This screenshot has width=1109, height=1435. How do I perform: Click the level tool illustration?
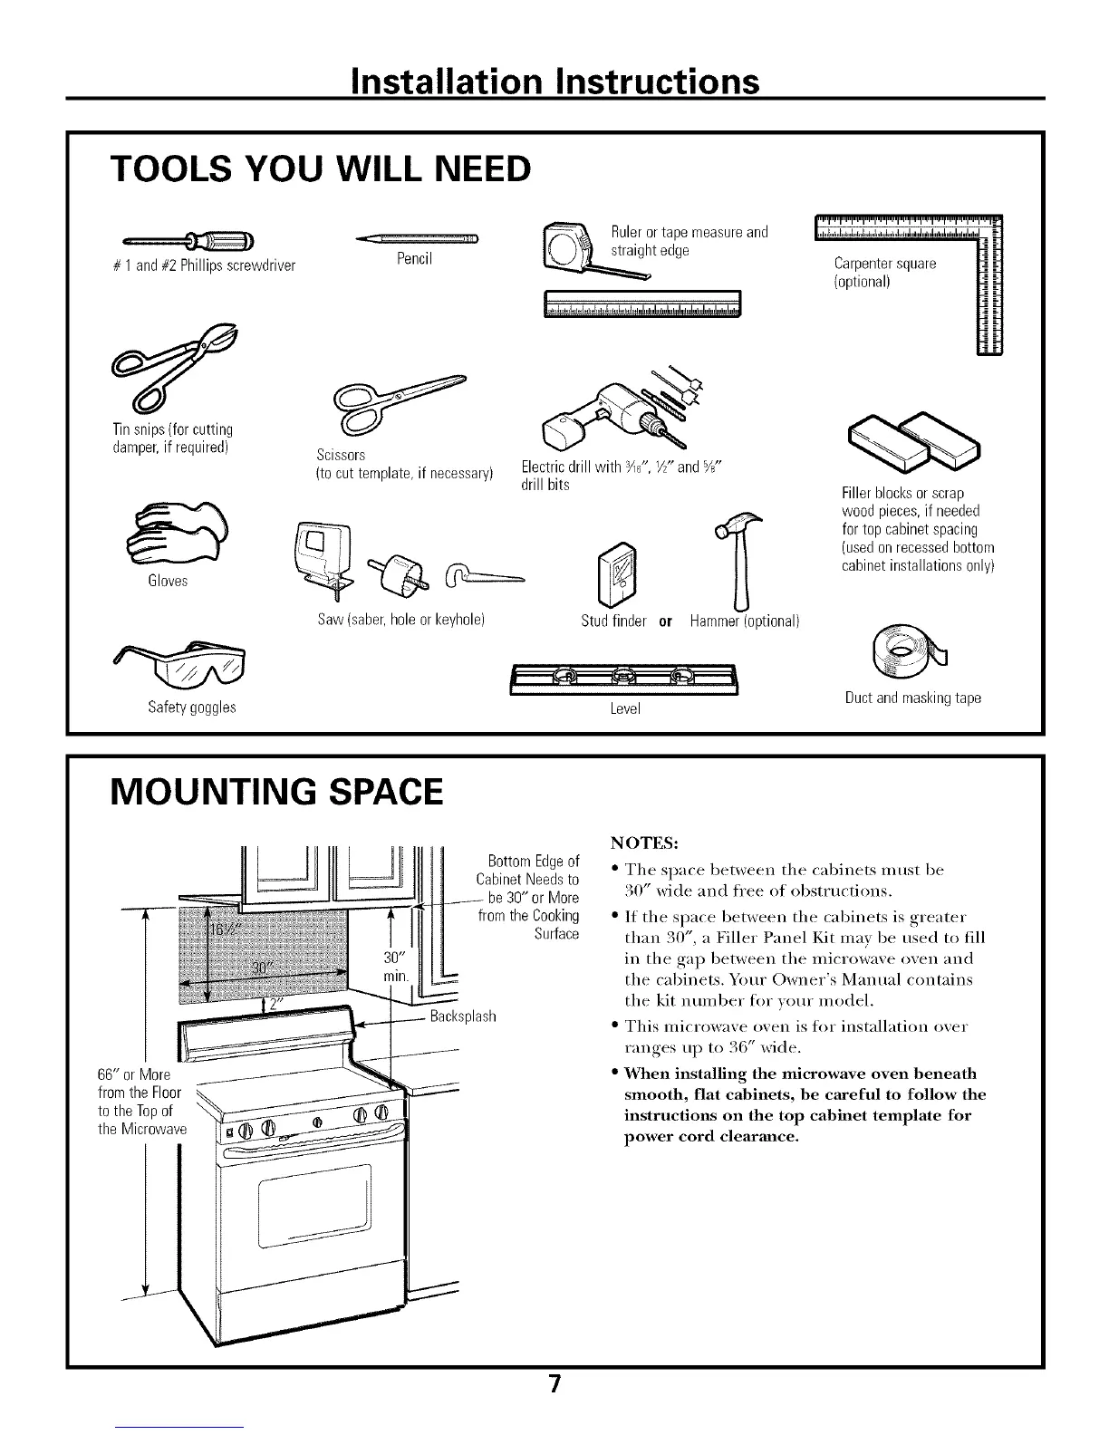click(x=624, y=679)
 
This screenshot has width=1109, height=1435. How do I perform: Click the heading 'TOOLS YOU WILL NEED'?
click(x=319, y=169)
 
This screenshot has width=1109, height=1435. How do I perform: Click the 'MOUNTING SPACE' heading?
click(x=276, y=791)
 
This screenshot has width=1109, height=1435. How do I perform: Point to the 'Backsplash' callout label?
click(x=463, y=1016)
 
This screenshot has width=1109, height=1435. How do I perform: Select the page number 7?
click(x=554, y=1383)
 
